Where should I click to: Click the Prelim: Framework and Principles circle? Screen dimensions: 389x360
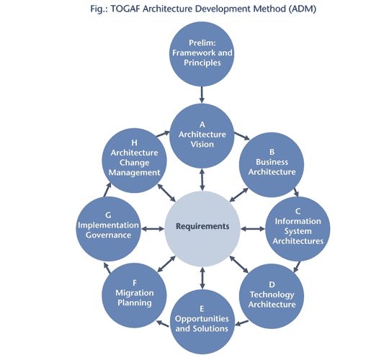202,54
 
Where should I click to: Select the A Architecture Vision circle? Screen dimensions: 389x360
202,136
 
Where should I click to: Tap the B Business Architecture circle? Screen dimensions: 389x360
272,165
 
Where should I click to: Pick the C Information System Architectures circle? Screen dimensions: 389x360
298,228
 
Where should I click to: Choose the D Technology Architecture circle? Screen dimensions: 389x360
272,296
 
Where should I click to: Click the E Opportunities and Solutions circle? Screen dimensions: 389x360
202,322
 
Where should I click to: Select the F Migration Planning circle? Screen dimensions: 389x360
134,295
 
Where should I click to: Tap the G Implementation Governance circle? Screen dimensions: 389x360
108,228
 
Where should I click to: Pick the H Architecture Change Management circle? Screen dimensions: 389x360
134,161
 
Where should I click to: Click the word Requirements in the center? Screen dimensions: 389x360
202,226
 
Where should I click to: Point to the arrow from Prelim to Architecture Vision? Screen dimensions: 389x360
202,95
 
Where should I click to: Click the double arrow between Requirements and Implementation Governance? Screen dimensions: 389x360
153,228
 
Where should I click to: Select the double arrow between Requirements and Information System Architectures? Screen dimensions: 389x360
253,228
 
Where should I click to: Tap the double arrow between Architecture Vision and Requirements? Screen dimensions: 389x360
202,179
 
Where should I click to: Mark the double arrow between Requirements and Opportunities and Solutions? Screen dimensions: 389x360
202,278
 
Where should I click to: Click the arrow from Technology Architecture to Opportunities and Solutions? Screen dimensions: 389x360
241,323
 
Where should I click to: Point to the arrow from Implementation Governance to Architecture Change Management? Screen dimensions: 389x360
107,190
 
